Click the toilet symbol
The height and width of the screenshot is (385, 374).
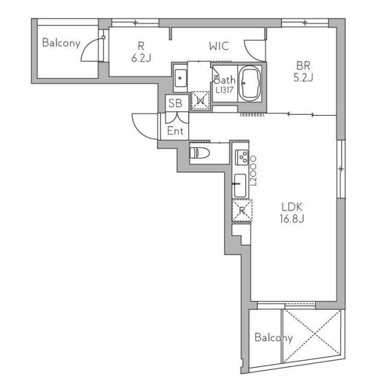(200, 153)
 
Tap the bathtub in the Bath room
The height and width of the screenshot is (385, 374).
(250, 83)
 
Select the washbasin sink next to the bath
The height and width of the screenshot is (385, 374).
(180, 78)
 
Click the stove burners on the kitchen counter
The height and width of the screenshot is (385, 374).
(242, 157)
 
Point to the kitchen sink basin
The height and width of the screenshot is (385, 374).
(240, 186)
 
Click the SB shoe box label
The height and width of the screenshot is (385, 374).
(175, 103)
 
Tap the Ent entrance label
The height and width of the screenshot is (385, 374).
(175, 131)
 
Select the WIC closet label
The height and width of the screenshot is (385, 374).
(219, 46)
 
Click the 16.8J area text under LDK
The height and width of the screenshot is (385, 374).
(292, 218)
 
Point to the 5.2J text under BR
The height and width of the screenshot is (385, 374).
(303, 77)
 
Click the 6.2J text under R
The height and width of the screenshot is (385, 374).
(141, 58)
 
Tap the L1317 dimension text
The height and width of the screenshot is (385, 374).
(224, 90)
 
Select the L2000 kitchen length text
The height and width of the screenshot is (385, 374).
(253, 170)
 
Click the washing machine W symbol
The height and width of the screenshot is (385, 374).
(200, 100)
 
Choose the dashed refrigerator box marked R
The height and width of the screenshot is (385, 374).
(242, 211)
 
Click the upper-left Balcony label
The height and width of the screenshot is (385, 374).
(61, 43)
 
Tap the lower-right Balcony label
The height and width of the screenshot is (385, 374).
(274, 337)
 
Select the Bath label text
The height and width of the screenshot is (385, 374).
(224, 79)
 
